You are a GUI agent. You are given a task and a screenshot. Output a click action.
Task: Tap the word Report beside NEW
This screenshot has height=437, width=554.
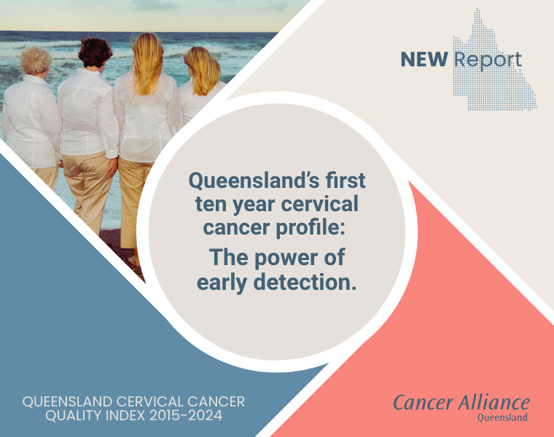click(487, 60)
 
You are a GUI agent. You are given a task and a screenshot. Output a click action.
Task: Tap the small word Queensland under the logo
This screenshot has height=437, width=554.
click(503, 418)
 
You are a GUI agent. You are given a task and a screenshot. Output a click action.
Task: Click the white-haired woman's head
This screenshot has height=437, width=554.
click(36, 60)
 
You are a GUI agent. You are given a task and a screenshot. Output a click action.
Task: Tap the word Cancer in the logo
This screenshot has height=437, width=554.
click(420, 403)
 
